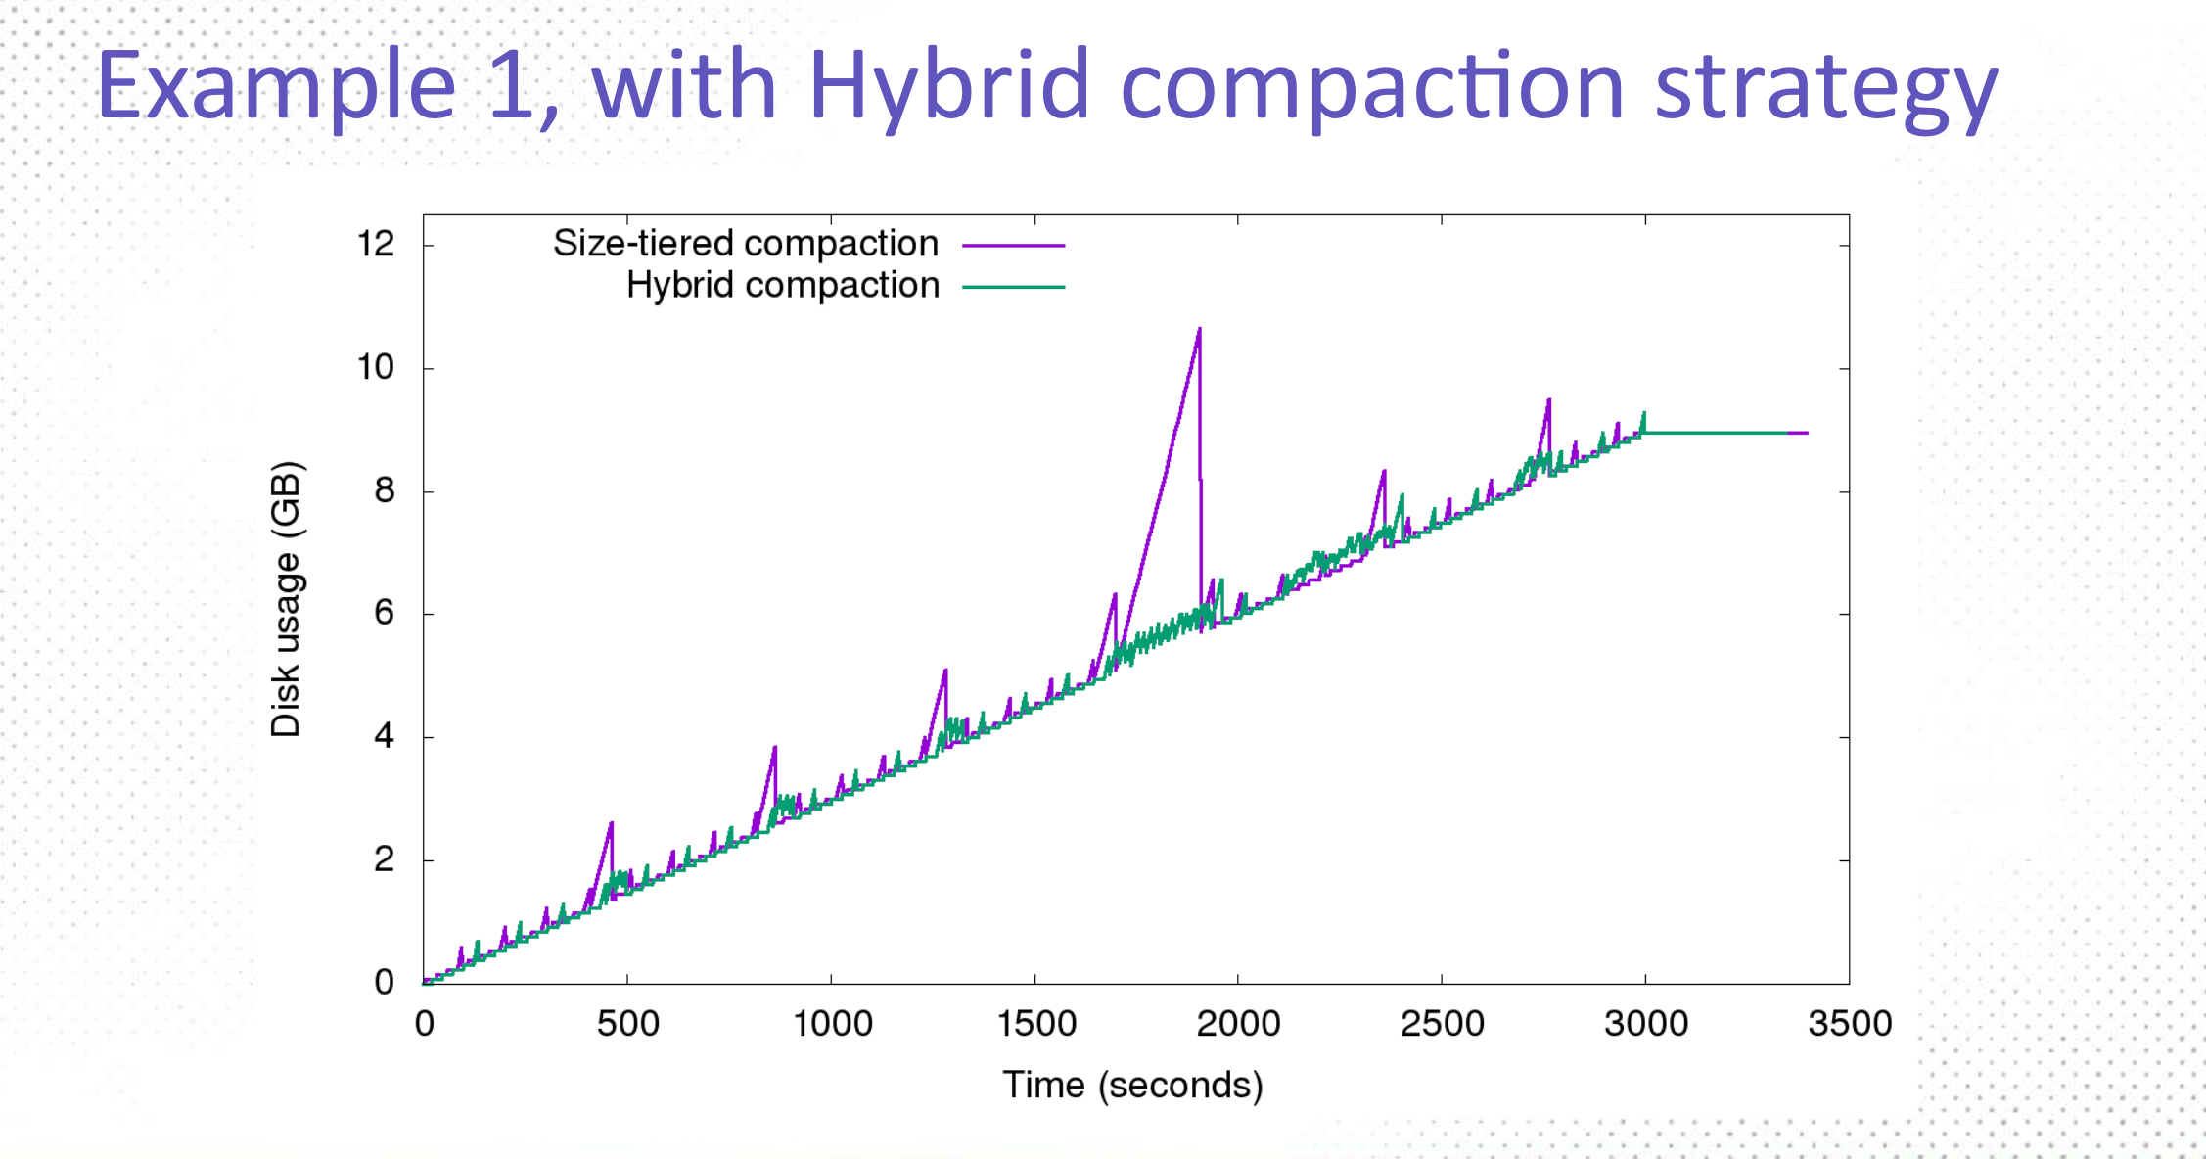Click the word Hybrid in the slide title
point(947,86)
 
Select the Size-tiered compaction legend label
point(746,243)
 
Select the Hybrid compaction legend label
point(783,285)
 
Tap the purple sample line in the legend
point(1013,246)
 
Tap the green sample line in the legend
point(1013,288)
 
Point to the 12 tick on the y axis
point(376,244)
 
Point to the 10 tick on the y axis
point(376,367)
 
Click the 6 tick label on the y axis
point(384,613)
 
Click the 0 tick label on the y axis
point(384,982)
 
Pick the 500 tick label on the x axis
point(627,1024)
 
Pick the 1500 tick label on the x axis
point(1035,1024)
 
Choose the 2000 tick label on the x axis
point(1238,1024)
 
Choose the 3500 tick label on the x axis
point(1849,1024)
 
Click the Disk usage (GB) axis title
point(286,598)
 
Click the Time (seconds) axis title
point(1132,1085)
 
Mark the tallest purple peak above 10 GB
point(1199,330)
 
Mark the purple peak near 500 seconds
point(612,824)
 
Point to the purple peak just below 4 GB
point(775,748)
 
